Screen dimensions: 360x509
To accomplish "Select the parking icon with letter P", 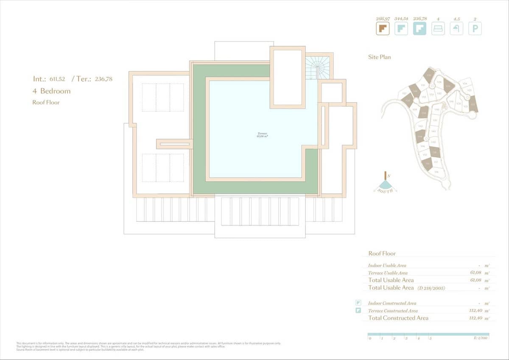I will point(475,29).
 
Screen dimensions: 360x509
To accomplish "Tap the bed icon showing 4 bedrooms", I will point(438,29).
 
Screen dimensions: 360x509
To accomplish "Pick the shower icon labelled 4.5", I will point(456,29).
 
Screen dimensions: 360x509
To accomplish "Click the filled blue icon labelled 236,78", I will point(420,29).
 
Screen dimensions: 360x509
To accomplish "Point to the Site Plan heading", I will point(379,57).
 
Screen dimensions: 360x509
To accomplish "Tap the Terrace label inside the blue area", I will point(262,135).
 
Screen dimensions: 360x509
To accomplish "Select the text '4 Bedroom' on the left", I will point(51,91).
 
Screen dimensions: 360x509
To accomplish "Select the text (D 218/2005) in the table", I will point(431,288).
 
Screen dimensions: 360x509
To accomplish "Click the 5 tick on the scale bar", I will point(430,338).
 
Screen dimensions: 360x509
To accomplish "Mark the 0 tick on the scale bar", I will point(370,338).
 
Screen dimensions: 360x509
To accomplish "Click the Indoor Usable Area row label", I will point(387,265).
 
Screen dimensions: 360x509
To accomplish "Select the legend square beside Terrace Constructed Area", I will point(358,310).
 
